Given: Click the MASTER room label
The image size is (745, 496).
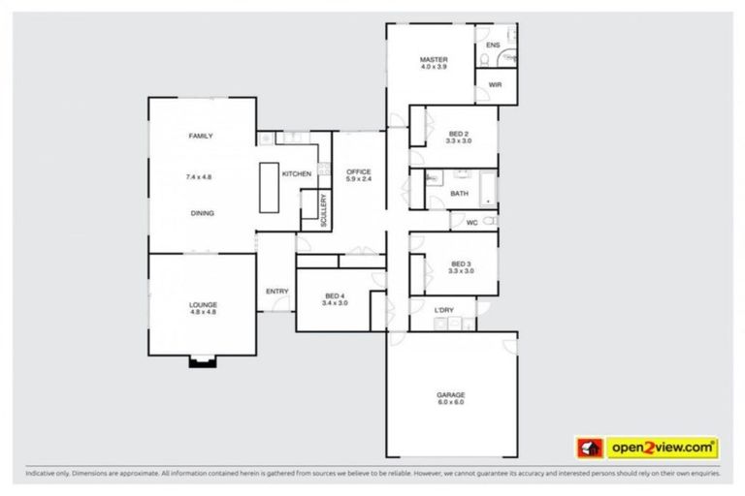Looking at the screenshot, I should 434,59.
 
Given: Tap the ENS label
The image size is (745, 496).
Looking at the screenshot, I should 493,46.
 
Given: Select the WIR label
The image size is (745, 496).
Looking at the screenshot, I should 495,85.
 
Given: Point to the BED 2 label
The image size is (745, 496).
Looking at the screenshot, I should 459,134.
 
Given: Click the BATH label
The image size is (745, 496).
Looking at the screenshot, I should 459,194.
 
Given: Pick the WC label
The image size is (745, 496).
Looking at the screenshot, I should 472,223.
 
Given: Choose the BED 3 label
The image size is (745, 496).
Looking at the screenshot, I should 461,264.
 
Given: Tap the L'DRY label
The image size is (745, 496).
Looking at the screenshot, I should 444,310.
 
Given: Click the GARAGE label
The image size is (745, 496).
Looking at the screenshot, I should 450,395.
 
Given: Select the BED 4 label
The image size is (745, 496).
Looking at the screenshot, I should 336,295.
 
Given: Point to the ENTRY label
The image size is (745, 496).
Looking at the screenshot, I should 276,292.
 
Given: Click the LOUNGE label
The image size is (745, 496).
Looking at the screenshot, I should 203,304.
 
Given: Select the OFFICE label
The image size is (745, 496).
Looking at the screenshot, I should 359,172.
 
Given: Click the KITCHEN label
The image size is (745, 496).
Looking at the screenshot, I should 297,173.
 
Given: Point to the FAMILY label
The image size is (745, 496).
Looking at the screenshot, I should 201,137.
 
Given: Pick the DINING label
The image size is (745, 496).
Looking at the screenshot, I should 202,213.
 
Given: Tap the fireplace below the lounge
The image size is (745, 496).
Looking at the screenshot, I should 202,362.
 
